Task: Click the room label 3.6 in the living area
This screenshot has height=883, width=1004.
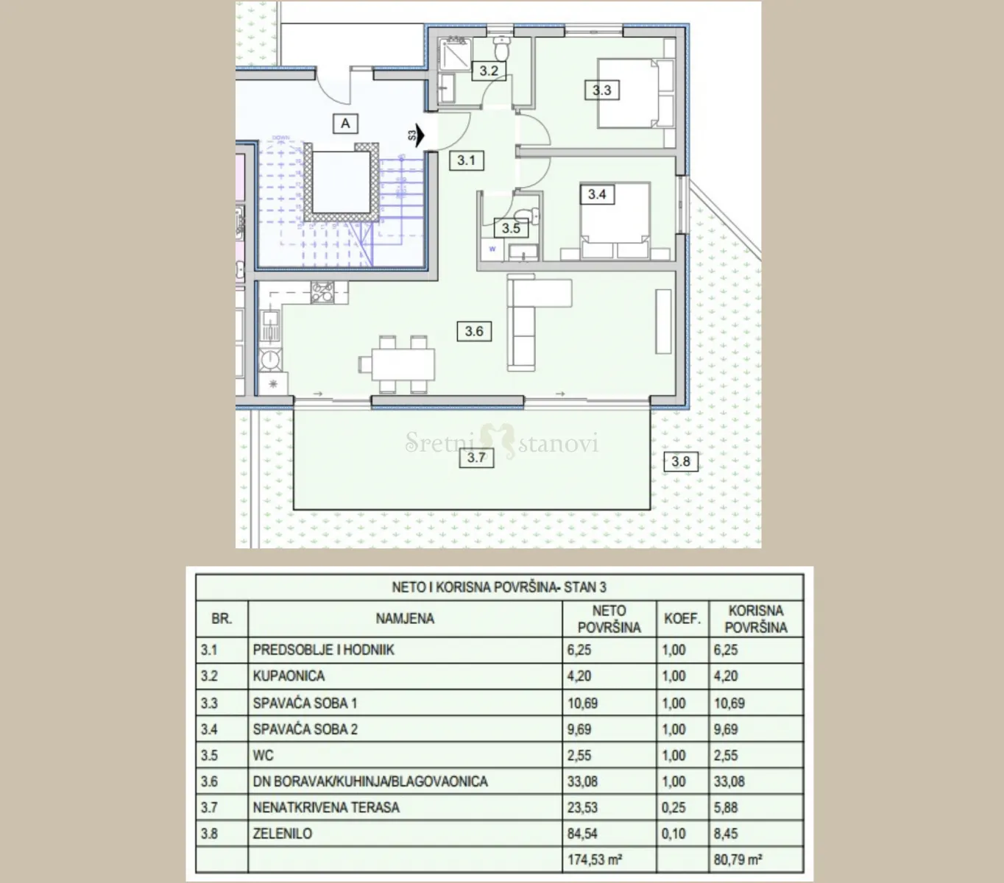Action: tap(474, 331)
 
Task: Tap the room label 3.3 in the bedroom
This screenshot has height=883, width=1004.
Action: tap(601, 91)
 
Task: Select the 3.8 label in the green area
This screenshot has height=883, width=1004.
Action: tap(680, 461)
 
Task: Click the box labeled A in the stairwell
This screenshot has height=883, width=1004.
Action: tap(345, 123)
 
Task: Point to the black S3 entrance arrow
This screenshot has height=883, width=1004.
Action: tap(420, 135)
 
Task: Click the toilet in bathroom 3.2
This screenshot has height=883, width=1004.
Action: tap(502, 49)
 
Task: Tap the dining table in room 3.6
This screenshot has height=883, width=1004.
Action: tap(403, 365)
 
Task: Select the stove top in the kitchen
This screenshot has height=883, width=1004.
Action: tap(322, 292)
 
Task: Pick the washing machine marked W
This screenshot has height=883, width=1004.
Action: tap(492, 249)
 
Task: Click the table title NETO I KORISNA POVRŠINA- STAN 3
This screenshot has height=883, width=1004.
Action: tap(499, 587)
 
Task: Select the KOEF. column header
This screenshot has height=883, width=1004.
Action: tap(682, 618)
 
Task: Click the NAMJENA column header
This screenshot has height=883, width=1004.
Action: tap(405, 618)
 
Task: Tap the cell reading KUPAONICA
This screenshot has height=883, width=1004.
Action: tap(289, 676)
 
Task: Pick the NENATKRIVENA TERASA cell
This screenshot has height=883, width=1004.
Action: tap(326, 807)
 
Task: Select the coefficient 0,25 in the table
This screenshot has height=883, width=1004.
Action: tap(674, 807)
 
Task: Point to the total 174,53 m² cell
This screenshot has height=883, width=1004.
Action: tap(595, 859)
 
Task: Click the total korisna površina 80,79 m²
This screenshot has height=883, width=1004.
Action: tap(738, 859)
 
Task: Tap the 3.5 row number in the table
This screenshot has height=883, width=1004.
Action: tap(209, 755)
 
